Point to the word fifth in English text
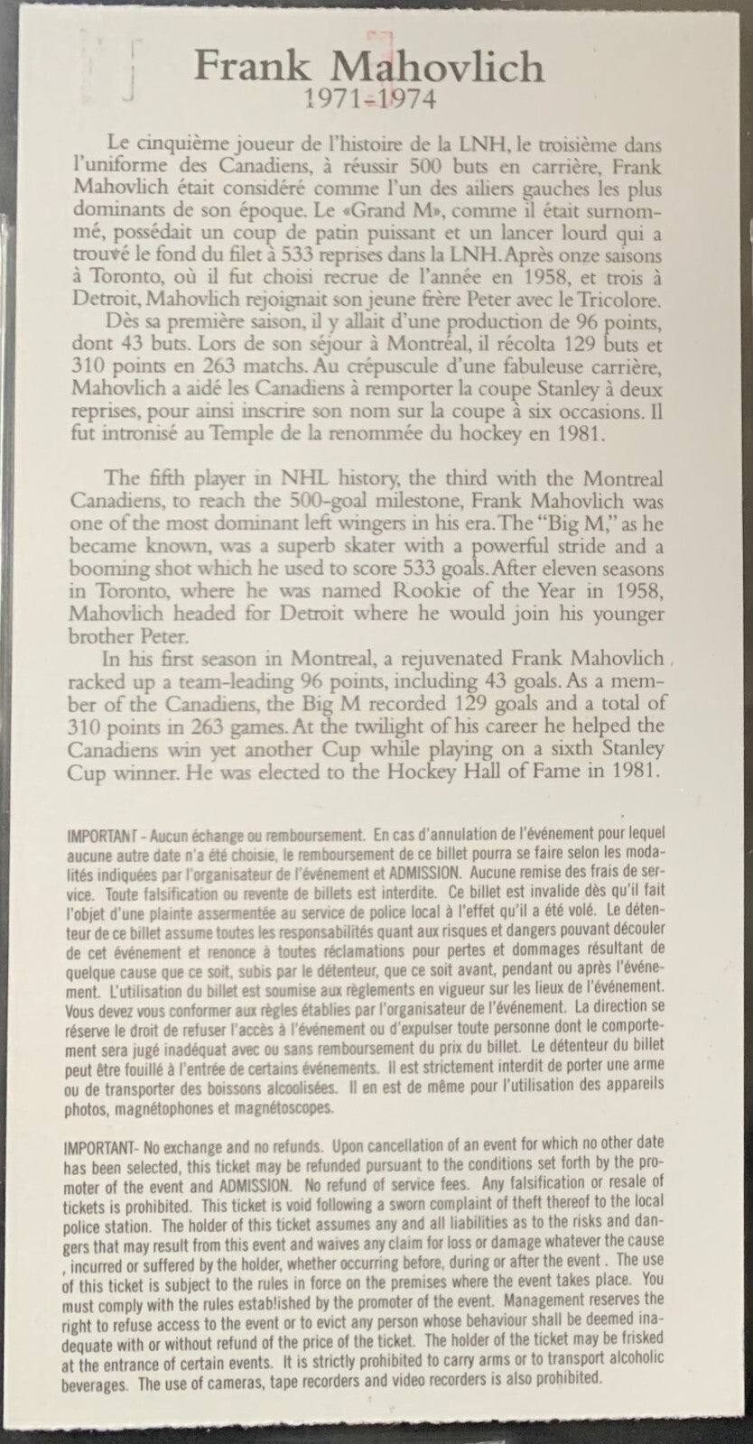(164, 478)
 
